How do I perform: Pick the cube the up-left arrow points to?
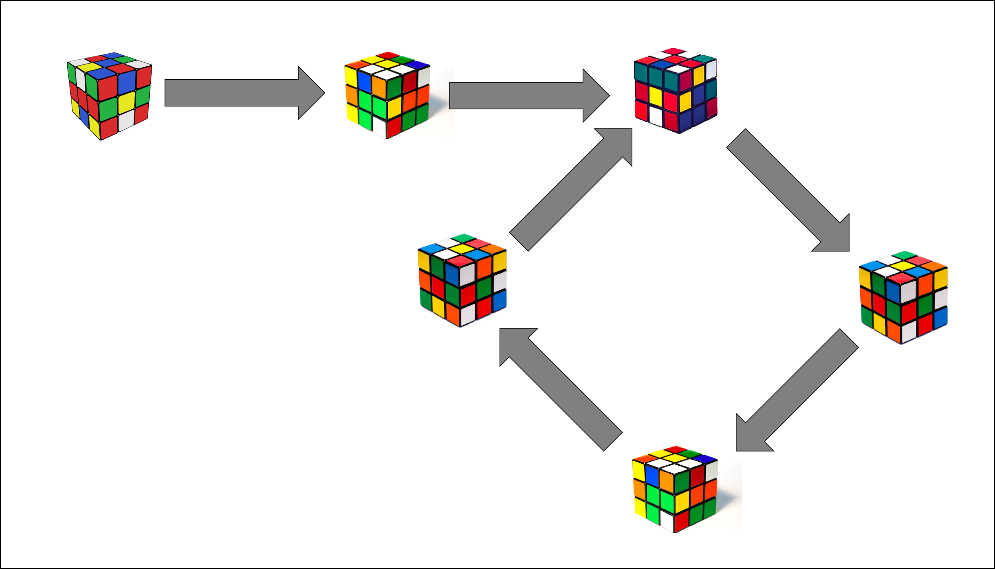462,280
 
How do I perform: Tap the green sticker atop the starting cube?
125,60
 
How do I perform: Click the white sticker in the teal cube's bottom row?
656,116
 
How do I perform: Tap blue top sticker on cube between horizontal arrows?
416,64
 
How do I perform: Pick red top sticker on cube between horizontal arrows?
388,55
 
